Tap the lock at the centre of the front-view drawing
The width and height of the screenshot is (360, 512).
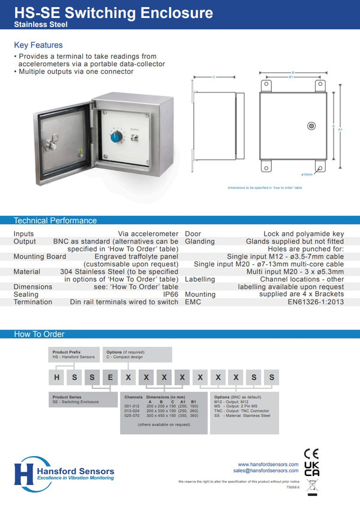click(x=311, y=125)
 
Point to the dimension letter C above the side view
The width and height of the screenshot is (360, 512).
click(x=214, y=77)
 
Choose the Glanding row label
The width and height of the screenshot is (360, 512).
click(x=200, y=241)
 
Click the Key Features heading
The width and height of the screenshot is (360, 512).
click(x=38, y=45)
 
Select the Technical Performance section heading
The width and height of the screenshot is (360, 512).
click(x=55, y=220)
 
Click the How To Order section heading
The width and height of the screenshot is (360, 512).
click(x=39, y=334)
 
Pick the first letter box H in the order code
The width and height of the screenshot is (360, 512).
click(x=56, y=378)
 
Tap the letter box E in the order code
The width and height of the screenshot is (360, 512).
click(x=110, y=378)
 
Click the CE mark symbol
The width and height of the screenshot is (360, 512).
click(x=311, y=453)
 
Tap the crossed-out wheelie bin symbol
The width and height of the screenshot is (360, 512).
click(x=311, y=486)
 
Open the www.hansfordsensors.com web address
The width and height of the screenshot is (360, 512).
click(x=268, y=464)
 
